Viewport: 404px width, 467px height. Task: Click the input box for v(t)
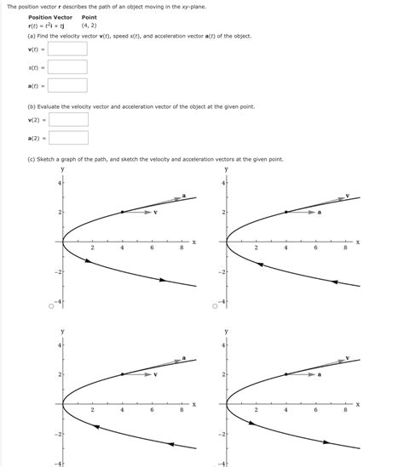(68, 48)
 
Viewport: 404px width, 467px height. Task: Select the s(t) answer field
(68, 67)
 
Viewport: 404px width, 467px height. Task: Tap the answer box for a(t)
(68, 85)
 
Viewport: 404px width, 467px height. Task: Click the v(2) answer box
(68, 120)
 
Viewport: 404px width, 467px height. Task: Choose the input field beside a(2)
(68, 138)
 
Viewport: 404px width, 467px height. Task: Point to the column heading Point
(89, 17)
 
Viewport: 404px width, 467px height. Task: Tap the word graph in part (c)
(66, 159)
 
